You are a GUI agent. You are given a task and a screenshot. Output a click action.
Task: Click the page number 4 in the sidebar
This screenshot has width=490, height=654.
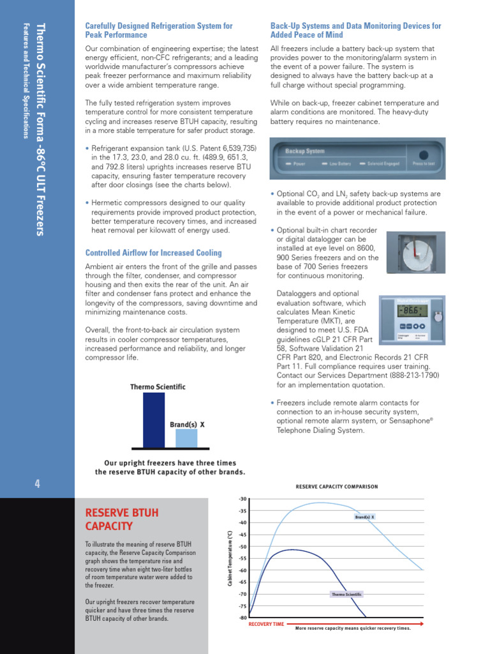[x=38, y=483]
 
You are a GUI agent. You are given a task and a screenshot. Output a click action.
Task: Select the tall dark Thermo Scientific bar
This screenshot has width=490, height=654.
[x=154, y=420]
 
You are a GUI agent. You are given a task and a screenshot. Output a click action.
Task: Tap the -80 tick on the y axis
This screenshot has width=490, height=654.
[x=242, y=618]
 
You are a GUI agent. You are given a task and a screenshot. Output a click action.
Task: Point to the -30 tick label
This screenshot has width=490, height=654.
[x=242, y=499]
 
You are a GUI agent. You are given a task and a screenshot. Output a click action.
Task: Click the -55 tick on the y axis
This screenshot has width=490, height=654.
[x=242, y=558]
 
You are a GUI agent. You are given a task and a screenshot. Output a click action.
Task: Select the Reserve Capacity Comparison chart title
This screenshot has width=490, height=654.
[x=336, y=487]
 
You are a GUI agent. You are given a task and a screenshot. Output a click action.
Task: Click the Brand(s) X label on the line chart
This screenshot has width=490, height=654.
[x=365, y=517]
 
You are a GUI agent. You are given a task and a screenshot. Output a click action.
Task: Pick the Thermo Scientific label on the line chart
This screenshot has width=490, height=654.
[x=346, y=595]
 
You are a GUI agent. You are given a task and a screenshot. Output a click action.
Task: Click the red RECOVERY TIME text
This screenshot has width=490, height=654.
[x=266, y=623]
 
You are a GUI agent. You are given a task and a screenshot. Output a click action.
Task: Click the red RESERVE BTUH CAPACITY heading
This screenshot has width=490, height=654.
[x=121, y=519]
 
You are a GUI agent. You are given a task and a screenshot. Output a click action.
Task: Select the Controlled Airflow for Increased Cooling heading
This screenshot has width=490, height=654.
[x=154, y=253]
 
